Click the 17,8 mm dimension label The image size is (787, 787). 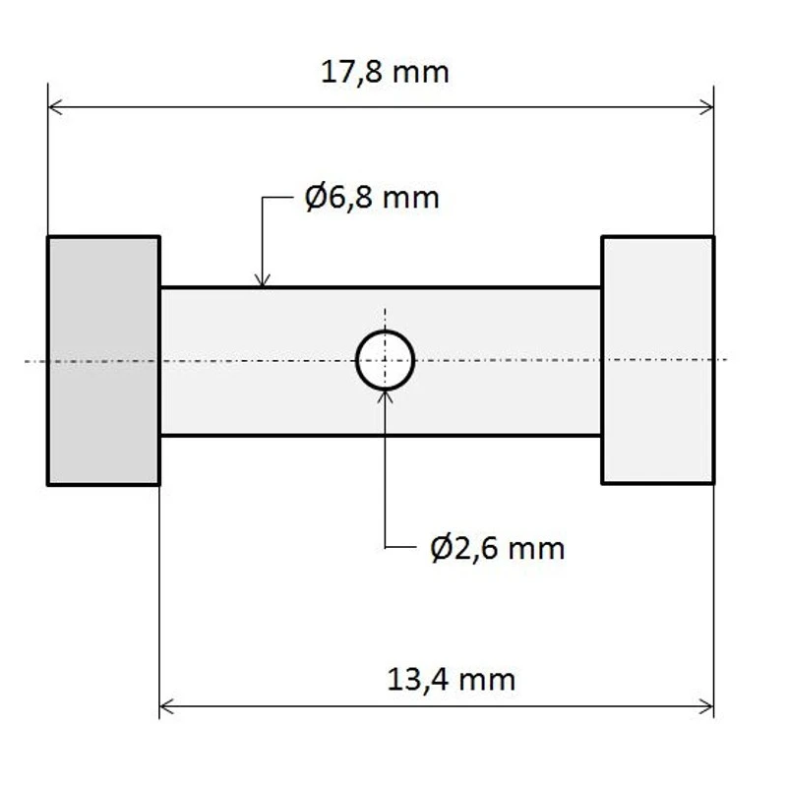[385, 72]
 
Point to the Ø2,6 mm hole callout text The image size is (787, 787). [498, 547]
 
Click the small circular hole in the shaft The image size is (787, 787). [385, 360]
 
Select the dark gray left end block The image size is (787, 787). [103, 360]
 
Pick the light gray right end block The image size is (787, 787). [657, 360]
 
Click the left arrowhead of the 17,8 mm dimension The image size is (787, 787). [55, 106]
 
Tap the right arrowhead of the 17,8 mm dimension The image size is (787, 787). [706, 106]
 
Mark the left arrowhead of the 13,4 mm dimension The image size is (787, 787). [166, 705]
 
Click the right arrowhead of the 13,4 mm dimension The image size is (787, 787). [706, 705]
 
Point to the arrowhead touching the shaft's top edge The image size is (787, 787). [262, 280]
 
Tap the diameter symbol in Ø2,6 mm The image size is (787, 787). [442, 547]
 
